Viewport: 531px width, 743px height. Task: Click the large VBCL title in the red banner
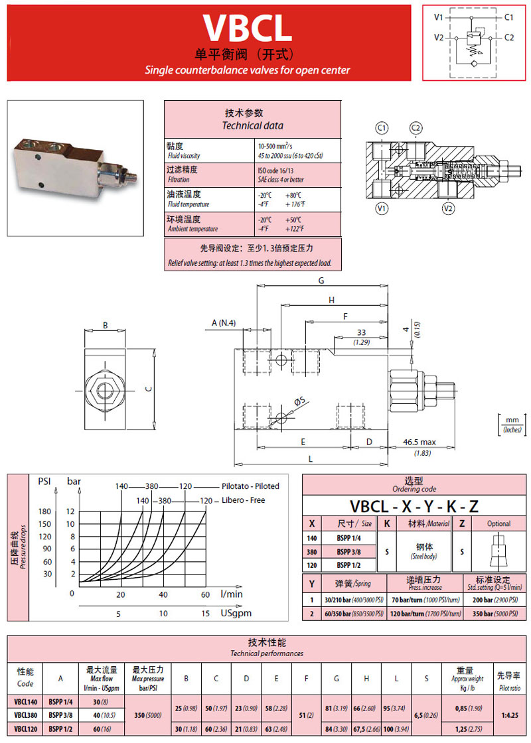click(x=247, y=27)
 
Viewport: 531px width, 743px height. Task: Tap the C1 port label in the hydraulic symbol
click(x=509, y=17)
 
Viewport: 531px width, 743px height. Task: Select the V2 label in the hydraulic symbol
click(x=439, y=38)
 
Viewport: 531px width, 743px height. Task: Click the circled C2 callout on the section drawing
click(x=416, y=127)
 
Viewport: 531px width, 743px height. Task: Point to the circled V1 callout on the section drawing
click(x=382, y=209)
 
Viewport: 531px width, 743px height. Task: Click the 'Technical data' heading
click(x=252, y=125)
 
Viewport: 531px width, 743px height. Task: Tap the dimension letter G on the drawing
click(x=321, y=281)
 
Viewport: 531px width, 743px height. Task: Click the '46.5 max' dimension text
click(x=419, y=441)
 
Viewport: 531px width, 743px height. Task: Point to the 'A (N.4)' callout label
click(x=224, y=323)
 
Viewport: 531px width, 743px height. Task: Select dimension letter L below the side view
click(x=310, y=458)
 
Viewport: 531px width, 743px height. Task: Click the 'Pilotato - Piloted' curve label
click(x=250, y=486)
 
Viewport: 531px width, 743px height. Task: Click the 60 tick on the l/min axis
click(x=205, y=594)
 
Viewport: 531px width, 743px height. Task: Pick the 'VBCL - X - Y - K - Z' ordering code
click(x=414, y=506)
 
